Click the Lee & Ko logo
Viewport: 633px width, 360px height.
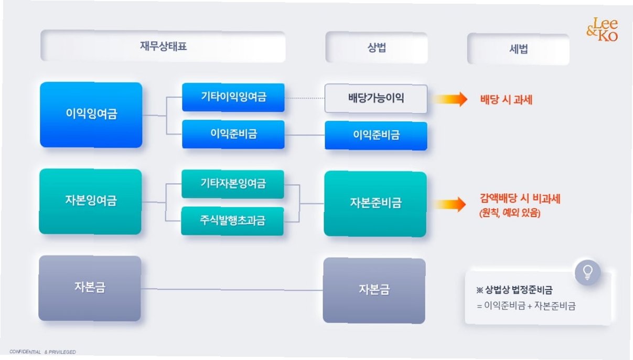click(602, 29)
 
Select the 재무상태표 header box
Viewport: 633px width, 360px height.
click(163, 47)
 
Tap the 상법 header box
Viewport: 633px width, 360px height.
click(376, 47)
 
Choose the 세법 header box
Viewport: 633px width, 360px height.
click(518, 49)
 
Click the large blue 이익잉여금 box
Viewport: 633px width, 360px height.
click(91, 114)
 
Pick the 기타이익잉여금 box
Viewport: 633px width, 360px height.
click(233, 97)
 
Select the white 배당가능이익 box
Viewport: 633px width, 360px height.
click(375, 99)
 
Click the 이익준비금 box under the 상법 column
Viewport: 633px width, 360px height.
click(375, 135)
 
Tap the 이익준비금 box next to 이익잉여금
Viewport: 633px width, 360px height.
click(233, 134)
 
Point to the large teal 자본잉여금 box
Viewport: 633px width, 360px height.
click(90, 201)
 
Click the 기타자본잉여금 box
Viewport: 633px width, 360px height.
click(233, 184)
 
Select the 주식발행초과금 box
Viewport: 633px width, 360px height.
click(233, 221)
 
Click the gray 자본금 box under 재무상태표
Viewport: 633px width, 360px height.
click(90, 288)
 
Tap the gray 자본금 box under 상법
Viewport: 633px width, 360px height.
click(374, 290)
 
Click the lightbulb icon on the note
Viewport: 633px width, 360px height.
click(587, 272)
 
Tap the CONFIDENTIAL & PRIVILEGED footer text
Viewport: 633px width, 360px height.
click(42, 352)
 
